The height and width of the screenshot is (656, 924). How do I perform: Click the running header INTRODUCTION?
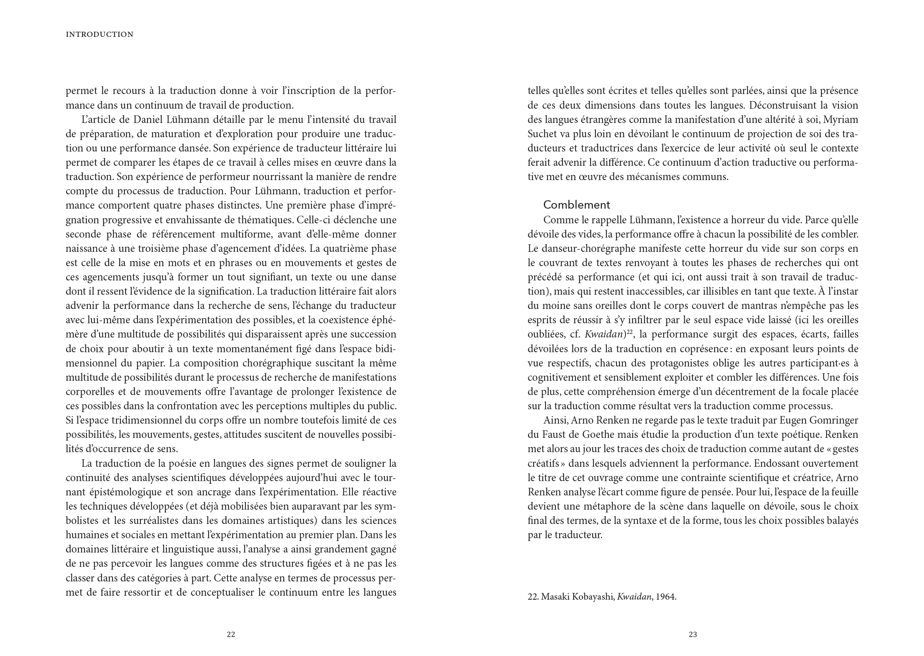pyautogui.click(x=99, y=35)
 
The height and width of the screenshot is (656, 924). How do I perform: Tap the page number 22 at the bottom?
pyautogui.click(x=231, y=634)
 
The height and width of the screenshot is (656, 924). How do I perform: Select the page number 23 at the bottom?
pyautogui.click(x=693, y=634)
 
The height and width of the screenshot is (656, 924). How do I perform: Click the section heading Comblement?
pyautogui.click(x=576, y=205)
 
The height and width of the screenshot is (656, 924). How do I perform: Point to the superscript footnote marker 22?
pyautogui.click(x=629, y=332)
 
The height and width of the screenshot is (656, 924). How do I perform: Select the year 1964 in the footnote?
pyautogui.click(x=666, y=597)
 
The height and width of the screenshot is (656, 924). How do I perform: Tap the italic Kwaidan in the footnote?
pyautogui.click(x=634, y=597)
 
